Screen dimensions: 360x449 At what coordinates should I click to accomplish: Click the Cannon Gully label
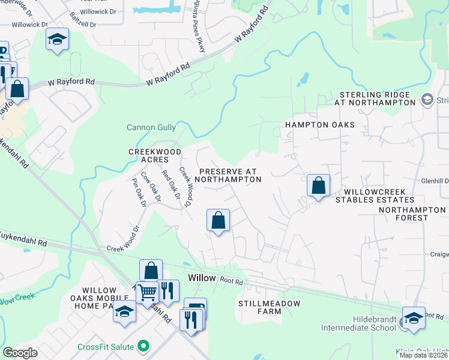(151, 127)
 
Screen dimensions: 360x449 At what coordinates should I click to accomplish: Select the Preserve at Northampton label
(229, 175)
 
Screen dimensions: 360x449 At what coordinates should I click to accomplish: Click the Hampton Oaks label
(319, 125)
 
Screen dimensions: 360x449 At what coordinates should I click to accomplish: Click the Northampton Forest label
(412, 214)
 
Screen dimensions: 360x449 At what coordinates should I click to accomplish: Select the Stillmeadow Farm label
(269, 307)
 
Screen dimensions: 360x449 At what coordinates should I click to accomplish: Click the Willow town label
(201, 278)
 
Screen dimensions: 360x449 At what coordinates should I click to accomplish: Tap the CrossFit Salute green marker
(143, 346)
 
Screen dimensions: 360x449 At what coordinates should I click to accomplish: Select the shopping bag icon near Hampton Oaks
(318, 185)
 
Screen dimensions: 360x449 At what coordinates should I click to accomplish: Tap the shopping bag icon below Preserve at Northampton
(218, 220)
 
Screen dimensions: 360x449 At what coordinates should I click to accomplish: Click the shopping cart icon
(147, 292)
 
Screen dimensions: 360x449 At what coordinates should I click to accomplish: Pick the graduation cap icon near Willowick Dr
(57, 40)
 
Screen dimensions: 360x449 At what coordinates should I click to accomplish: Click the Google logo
(20, 353)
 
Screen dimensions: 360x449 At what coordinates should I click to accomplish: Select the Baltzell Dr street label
(83, 23)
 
